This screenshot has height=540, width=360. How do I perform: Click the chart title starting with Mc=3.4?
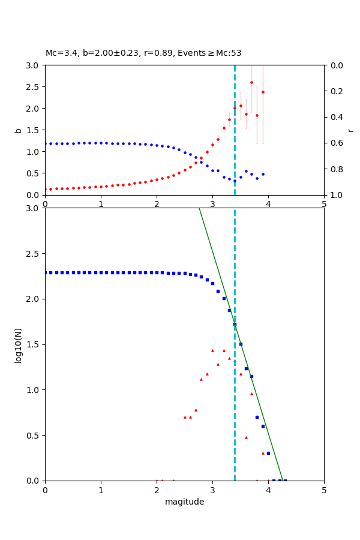point(143,53)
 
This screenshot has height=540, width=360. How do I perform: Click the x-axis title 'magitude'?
point(184,502)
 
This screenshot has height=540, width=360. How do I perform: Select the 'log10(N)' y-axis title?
point(18,344)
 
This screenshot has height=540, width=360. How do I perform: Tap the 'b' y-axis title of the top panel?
point(18,130)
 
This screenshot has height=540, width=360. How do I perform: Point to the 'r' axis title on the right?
point(350,130)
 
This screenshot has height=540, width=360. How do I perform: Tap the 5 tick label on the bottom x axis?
point(324,490)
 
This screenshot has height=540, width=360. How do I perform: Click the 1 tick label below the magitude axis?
point(101,490)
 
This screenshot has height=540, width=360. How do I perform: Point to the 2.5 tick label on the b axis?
point(33,87)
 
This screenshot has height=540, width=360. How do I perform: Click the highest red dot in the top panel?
point(251,82)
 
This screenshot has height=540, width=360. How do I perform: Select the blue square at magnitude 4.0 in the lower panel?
point(268,453)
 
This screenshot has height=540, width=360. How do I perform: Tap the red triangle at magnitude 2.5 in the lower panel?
point(185,417)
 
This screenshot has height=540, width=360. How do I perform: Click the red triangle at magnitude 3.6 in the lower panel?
point(246,437)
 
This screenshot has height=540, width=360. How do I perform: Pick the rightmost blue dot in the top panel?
point(263,174)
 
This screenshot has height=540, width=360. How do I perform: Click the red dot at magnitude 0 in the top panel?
point(46,189)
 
